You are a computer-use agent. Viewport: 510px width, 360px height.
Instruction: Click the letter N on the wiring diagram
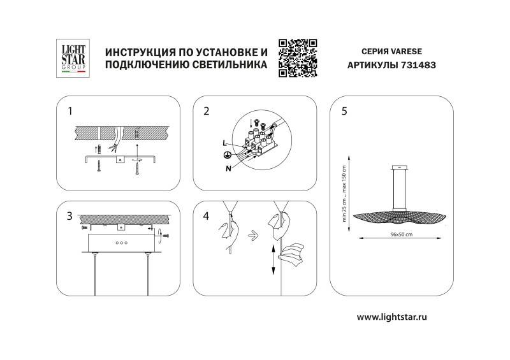click(227, 168)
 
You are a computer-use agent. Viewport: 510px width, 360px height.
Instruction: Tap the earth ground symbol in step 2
click(226, 155)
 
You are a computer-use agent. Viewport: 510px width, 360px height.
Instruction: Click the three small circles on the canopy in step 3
click(120, 243)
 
